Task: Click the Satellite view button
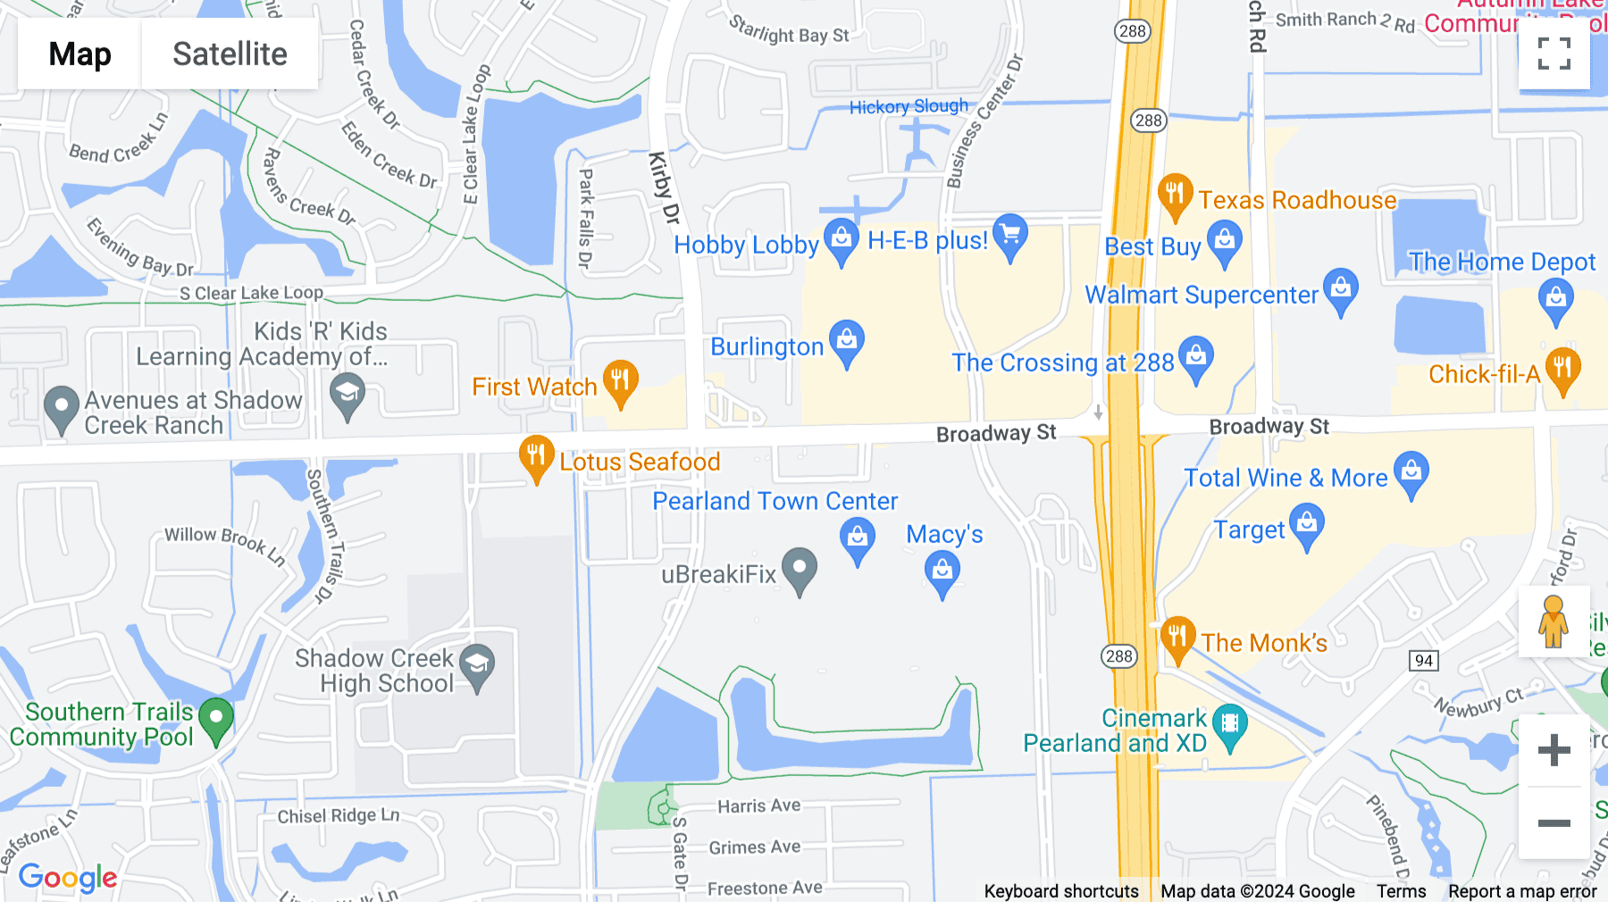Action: point(230,54)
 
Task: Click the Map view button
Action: point(80,54)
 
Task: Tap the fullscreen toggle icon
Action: point(1554,54)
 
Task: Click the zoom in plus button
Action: point(1554,750)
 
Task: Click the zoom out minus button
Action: point(1554,823)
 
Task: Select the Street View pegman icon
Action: point(1554,622)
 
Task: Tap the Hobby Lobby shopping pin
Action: point(841,240)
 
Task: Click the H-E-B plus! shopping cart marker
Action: point(1009,236)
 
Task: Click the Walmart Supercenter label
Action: point(1201,295)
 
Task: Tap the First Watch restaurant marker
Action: point(620,382)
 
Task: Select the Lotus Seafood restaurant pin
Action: point(536,457)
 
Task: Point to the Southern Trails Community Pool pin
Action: point(216,719)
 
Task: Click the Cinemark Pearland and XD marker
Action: point(1230,724)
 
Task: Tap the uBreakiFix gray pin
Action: point(800,569)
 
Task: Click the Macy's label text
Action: point(944,534)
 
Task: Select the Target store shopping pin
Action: point(1306,525)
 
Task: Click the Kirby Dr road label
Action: point(664,188)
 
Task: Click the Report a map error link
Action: point(1522,891)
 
